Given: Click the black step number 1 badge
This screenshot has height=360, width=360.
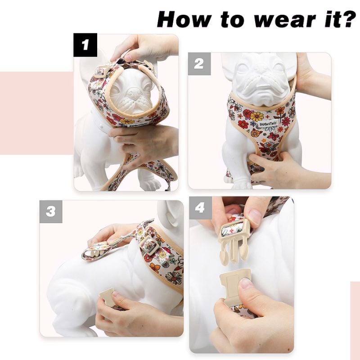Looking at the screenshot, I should pos(85,45).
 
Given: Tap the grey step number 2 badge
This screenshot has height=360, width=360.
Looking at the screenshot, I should pos(199,64).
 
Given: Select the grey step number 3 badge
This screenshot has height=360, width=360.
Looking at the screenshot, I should pos(51,211).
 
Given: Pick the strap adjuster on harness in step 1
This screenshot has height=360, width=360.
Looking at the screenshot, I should pos(100,71).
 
